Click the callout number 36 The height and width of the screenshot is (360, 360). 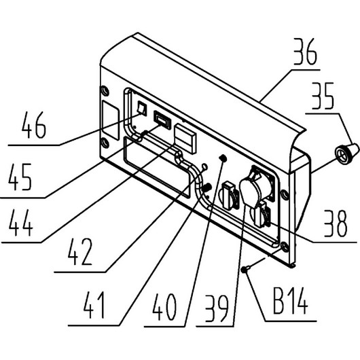tap(306, 52)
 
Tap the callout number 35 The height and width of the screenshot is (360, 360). tap(323, 96)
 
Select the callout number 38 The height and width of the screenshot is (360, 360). tap(336, 223)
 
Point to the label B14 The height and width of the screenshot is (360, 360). tap(291, 300)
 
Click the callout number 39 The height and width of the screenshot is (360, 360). tap(217, 308)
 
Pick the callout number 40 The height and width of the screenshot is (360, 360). tap(164, 308)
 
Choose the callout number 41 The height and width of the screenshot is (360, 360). tap(94, 305)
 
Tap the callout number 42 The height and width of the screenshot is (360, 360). tap(80, 252)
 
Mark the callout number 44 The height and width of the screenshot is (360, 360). tap(20, 223)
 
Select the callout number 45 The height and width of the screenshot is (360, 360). tap(20, 177)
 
